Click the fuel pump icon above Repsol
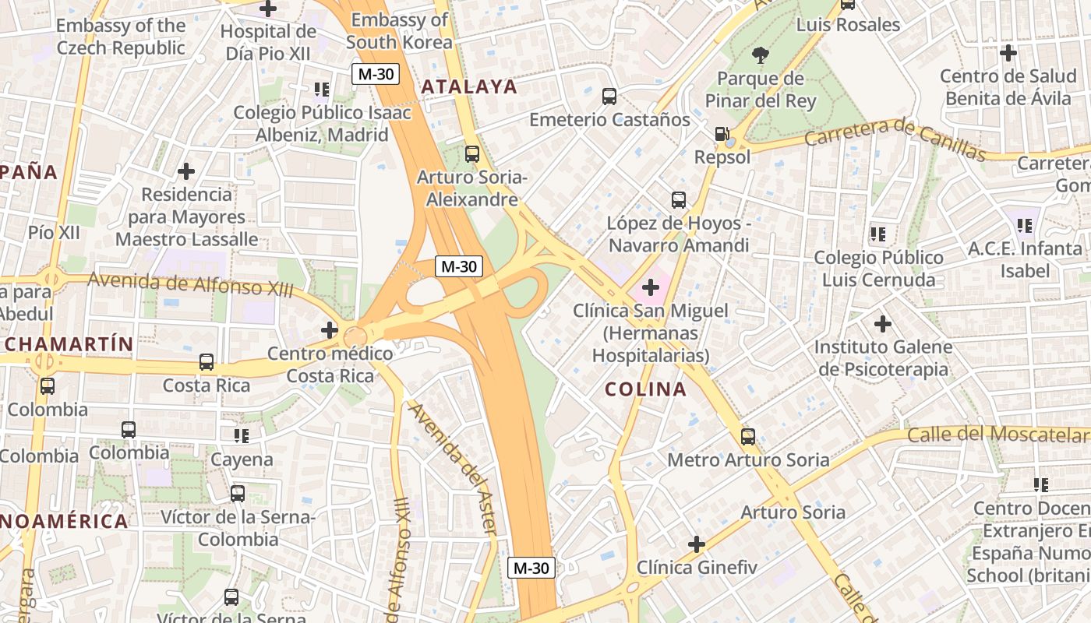point(722,135)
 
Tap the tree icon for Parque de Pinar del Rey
point(760,55)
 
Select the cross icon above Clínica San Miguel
point(651,288)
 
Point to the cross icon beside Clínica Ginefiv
point(697,544)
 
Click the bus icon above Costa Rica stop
point(207,362)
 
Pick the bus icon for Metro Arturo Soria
point(748,437)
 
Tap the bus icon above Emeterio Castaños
point(609,97)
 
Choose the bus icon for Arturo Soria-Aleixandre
point(472,154)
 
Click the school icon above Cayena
point(242,436)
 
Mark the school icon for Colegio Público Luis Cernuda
point(878,234)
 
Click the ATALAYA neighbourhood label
point(469,86)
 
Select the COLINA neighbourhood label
point(646,389)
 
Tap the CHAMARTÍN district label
point(69,343)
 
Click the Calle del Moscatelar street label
point(997,435)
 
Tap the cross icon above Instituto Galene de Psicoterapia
point(883,323)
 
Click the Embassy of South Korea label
point(399,30)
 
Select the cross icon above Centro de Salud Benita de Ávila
point(1008,53)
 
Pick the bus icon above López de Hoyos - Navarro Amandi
point(679,200)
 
